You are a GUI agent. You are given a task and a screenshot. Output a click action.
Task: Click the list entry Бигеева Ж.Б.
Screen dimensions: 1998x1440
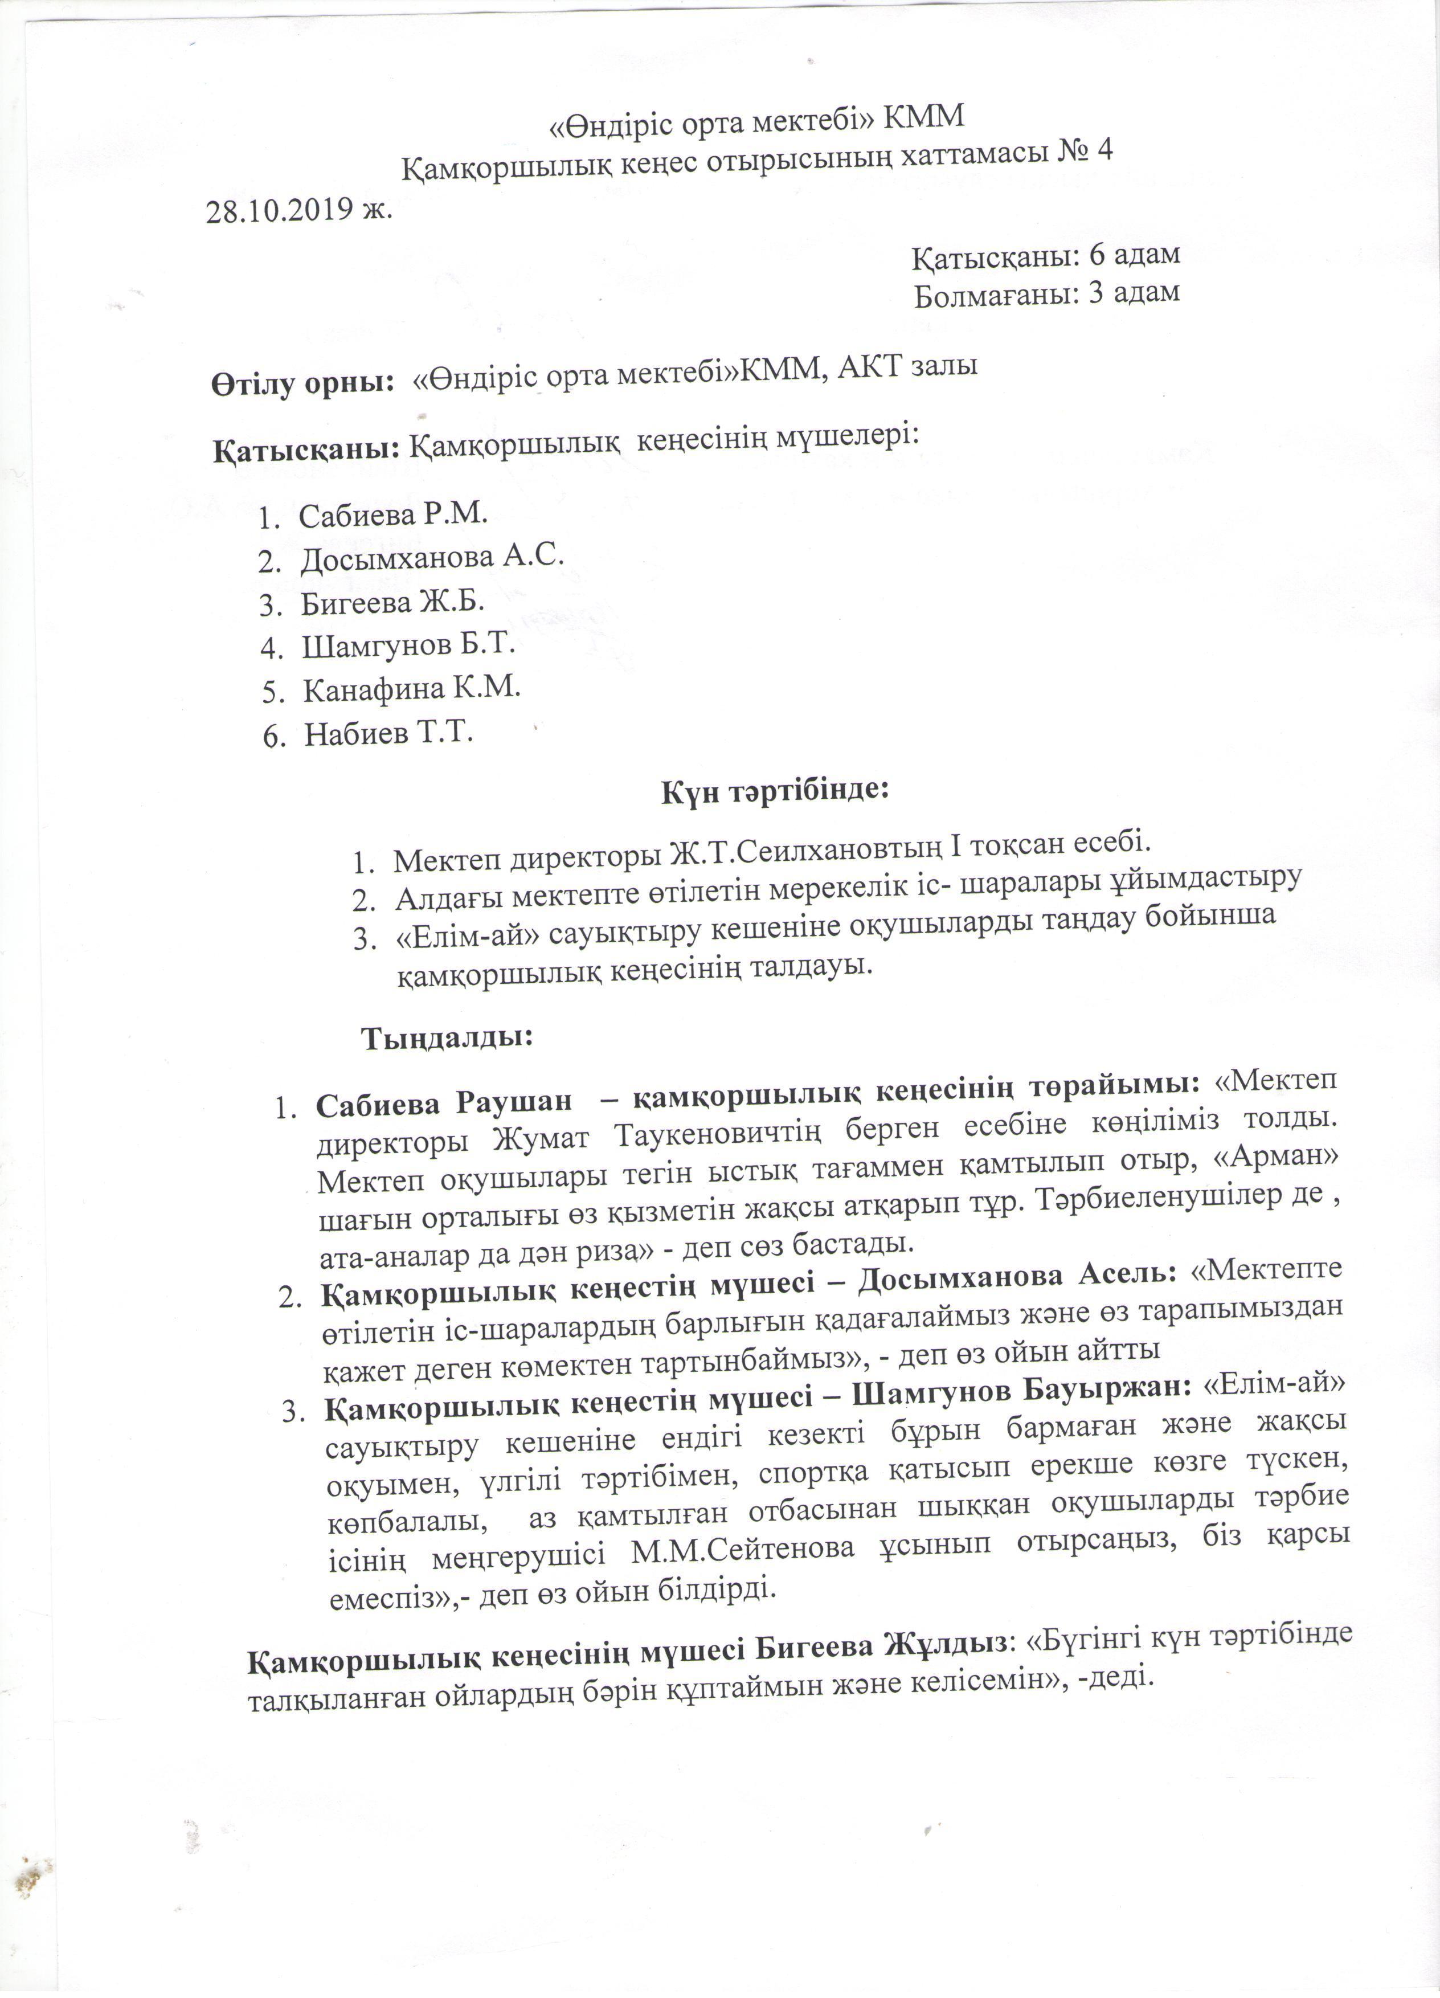tap(393, 603)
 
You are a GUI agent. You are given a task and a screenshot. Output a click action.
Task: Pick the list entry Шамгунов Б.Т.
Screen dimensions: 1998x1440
tap(408, 645)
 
